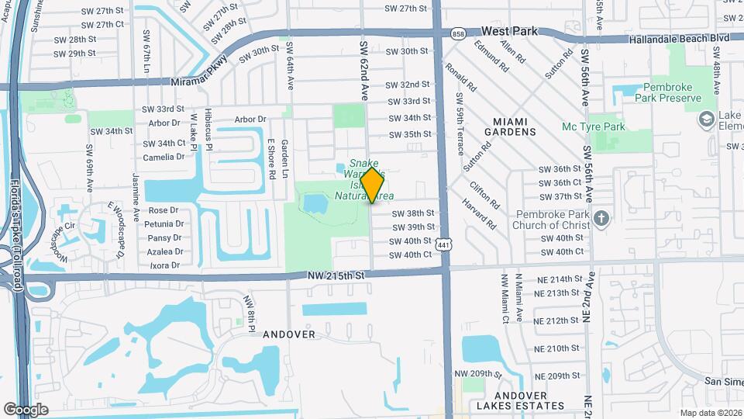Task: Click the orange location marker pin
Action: click(373, 185)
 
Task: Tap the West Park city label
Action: click(509, 32)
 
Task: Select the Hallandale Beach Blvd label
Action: click(680, 37)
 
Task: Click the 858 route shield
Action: click(457, 33)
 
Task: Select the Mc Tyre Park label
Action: click(594, 126)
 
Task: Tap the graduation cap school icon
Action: click(706, 119)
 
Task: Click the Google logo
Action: click(26, 409)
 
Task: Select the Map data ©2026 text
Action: click(711, 413)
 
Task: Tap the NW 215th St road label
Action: click(335, 274)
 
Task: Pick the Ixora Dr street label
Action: click(164, 265)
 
